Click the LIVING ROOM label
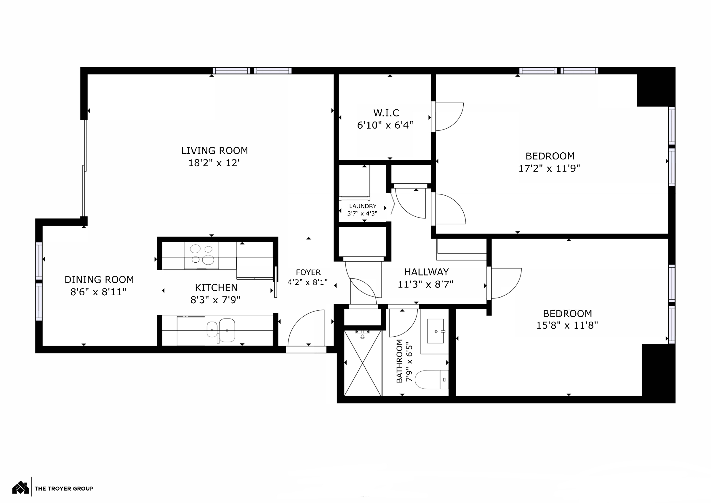point(214,151)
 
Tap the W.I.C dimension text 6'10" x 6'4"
point(385,125)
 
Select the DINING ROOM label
point(99,280)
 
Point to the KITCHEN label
point(216,288)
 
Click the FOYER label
point(308,272)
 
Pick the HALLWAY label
point(426,272)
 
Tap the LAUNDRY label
point(363,206)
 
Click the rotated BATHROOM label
point(399,361)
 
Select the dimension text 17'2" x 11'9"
point(549,169)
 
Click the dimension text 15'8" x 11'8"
point(567,325)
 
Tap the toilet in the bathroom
point(432,380)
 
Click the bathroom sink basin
point(435,331)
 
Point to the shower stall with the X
point(363,363)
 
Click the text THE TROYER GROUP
point(64,489)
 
